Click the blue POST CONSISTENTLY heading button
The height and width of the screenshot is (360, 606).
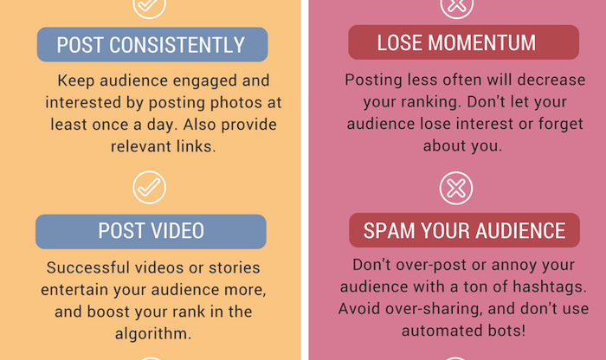click(x=152, y=44)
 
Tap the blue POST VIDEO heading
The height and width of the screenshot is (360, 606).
click(x=151, y=231)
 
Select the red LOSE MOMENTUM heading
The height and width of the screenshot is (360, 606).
click(x=463, y=42)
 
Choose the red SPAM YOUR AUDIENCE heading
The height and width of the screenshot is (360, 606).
click(x=464, y=230)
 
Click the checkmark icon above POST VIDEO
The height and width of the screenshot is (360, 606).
click(x=149, y=187)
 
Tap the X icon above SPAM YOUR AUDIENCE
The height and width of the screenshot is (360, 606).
click(x=456, y=188)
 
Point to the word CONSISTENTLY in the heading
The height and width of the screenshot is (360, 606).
click(x=177, y=45)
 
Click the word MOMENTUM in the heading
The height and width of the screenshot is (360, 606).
click(x=481, y=42)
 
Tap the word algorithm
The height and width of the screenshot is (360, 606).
click(x=153, y=333)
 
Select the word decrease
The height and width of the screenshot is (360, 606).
click(x=551, y=80)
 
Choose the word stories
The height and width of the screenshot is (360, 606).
click(x=235, y=267)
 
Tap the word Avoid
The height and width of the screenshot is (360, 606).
click(x=359, y=309)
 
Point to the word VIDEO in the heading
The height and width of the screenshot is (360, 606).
click(x=177, y=231)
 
